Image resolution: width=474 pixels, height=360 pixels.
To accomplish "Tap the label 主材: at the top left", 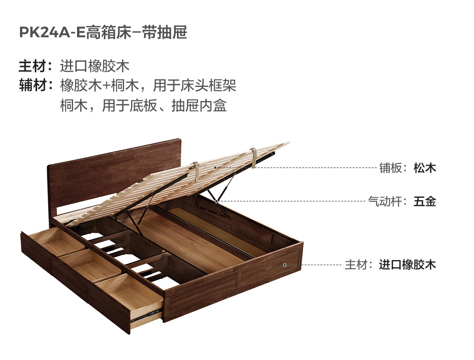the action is (35, 66).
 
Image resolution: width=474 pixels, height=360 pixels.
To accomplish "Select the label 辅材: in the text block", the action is (35, 85).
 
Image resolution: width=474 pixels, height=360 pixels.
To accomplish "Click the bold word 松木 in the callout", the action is (425, 168).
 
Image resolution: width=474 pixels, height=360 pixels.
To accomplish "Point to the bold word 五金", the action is (425, 202).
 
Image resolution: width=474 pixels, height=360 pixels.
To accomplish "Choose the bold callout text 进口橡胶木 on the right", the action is (407, 264).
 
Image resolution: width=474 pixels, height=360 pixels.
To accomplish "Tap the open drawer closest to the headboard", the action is (55, 240).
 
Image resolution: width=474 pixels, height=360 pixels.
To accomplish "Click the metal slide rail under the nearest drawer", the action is (146, 314).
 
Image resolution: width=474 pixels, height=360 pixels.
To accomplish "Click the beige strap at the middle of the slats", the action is (196, 172).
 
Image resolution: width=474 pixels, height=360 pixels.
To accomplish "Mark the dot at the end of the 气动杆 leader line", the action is (217, 201).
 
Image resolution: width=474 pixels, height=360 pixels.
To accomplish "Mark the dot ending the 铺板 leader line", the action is (215, 167).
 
